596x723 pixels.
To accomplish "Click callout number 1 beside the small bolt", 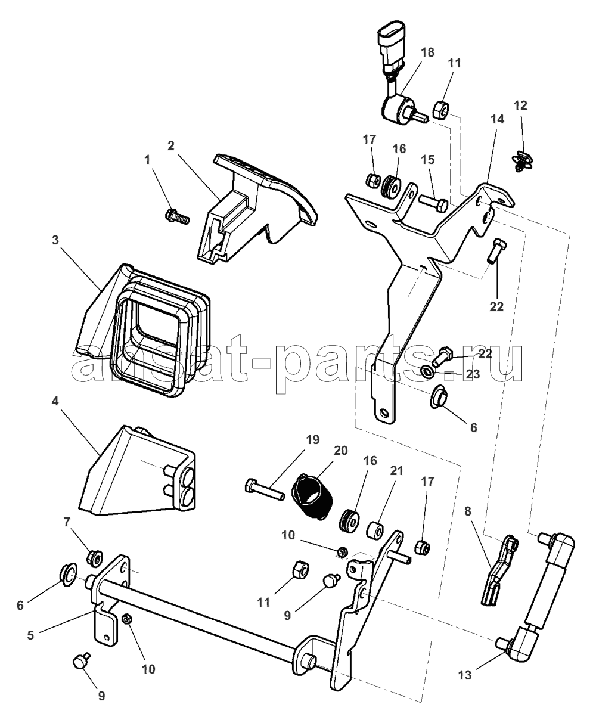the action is coord(148,160).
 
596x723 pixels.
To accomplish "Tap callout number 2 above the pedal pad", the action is coord(170,146).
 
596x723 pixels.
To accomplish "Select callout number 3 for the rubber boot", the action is coord(55,240).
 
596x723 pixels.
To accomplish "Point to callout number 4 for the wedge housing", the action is coord(55,402).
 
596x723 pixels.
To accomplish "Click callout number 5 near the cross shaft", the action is coord(30,635).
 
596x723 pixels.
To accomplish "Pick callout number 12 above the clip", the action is coord(520,105).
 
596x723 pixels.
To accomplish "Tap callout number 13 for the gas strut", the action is coord(465,675).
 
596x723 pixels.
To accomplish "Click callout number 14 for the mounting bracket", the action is coord(497,119).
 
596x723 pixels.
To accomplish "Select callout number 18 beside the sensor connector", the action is coord(427,52).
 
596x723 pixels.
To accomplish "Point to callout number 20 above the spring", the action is coord(340,451).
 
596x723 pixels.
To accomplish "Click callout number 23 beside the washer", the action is coord(473,374).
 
